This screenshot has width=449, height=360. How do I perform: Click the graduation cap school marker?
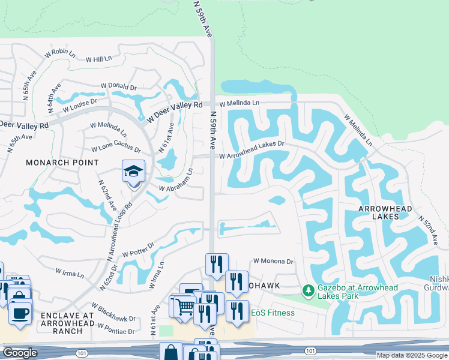click(134, 172)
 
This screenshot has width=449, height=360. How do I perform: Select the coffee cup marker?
click(20, 313)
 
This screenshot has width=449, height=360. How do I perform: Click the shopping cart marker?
click(185, 307)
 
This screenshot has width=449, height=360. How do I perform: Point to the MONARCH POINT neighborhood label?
click(62, 163)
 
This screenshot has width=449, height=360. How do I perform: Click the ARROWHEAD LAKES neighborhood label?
click(385, 212)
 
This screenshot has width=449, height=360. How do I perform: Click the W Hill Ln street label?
click(98, 59)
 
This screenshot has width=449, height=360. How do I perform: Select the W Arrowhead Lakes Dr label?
click(251, 149)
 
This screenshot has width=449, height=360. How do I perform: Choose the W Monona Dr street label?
click(273, 262)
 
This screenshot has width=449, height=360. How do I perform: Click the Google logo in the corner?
click(20, 353)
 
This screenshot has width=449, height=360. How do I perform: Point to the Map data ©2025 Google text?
click(412, 355)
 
